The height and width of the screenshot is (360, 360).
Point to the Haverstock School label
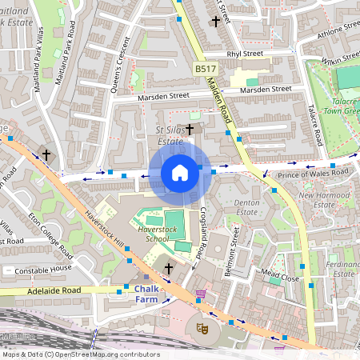(x=146, y=233)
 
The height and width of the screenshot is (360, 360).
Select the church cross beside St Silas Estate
(x=190, y=129)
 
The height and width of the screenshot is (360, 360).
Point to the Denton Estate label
(x=246, y=208)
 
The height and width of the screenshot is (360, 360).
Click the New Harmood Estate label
(x=326, y=200)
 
